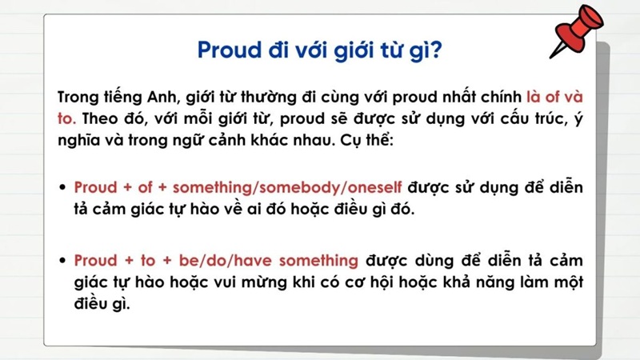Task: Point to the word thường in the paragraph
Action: [x=274, y=98]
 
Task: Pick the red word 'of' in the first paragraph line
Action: [x=553, y=98]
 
